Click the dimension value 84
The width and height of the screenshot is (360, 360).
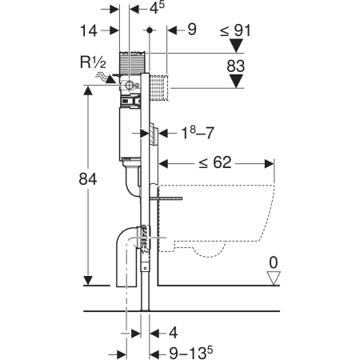click(88, 179)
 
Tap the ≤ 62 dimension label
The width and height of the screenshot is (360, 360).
click(215, 162)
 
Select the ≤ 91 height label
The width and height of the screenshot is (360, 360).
click(235, 30)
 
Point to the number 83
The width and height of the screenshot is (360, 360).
click(236, 66)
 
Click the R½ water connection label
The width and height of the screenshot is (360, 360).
click(93, 62)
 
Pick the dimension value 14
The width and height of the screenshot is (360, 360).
click(89, 30)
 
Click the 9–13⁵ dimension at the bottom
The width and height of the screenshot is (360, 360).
click(191, 354)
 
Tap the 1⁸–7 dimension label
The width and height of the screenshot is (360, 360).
click(198, 133)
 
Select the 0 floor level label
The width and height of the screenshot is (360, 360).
click(274, 262)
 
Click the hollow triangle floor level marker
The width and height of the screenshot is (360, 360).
click(274, 278)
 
